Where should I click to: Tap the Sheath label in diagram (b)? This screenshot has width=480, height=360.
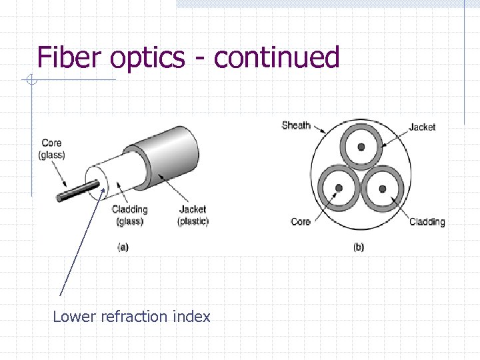(296, 125)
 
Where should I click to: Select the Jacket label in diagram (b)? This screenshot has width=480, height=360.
(422, 127)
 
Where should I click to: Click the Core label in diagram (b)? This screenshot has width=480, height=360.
(301, 221)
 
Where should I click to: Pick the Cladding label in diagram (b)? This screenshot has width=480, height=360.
(427, 221)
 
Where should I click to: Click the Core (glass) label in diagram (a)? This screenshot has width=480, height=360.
(51, 149)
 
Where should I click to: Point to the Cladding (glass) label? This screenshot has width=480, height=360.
(130, 215)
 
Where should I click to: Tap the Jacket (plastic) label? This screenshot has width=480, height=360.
(193, 215)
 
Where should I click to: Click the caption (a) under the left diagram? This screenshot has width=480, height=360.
(123, 247)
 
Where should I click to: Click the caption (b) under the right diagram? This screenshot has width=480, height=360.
(359, 247)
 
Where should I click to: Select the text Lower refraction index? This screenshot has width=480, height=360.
(131, 317)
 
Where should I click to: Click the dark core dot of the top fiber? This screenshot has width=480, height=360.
(361, 146)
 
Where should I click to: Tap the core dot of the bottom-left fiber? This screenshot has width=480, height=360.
(339, 189)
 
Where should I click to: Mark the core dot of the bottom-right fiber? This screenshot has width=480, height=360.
(383, 189)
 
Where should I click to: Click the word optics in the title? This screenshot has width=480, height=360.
(147, 58)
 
